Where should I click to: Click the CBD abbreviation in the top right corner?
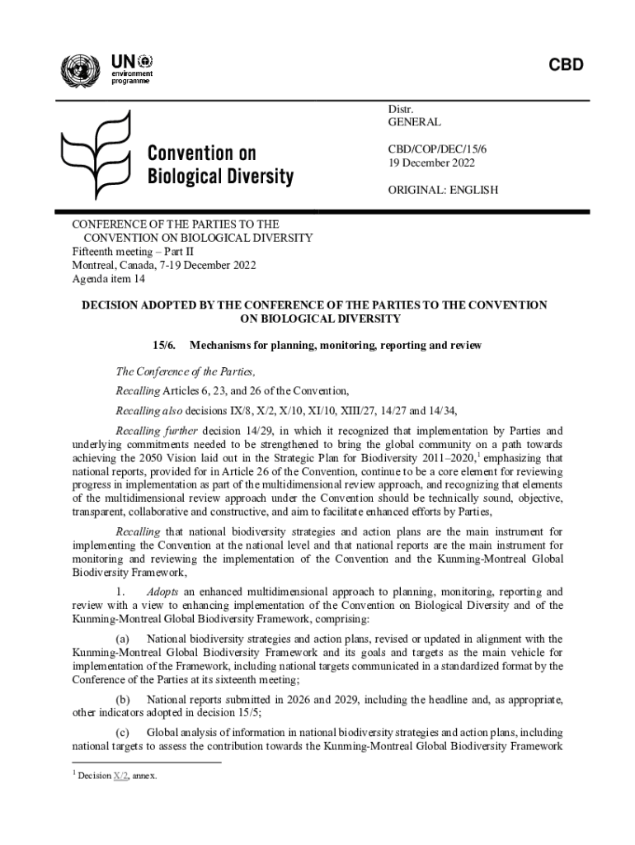564,65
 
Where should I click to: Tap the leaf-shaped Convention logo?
96,160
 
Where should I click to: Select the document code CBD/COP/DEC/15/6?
438,149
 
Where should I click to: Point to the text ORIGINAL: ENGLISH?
443,190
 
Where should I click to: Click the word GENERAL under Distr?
414,121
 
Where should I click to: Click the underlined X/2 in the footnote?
120,777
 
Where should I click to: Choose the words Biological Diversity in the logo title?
219,177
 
